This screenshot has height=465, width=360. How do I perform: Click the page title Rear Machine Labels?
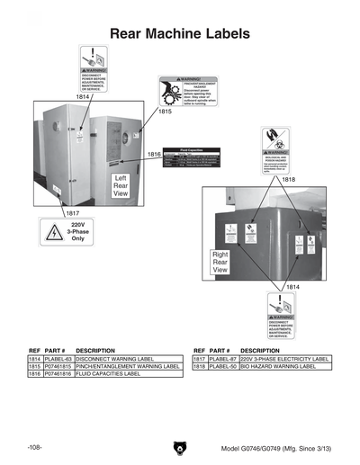coord(179,34)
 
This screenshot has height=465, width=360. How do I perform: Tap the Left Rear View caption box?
coord(121,185)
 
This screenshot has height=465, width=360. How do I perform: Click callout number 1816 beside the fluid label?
coord(154,155)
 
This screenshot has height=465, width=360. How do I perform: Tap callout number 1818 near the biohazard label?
coord(289,179)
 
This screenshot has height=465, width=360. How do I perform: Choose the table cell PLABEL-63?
coord(58,359)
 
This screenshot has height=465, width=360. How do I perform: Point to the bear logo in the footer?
coord(179,448)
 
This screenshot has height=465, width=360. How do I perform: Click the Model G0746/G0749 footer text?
coord(276,448)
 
